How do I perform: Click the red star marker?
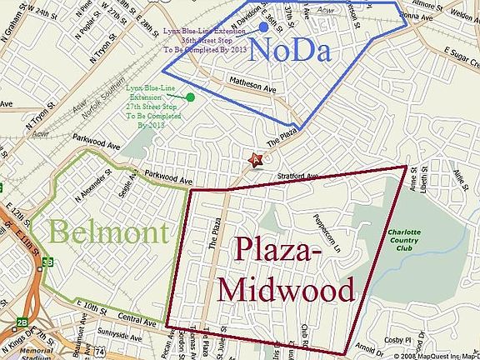[x=257, y=159]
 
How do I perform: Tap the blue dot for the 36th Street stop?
[x=262, y=27]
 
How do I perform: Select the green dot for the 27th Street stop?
[x=191, y=97]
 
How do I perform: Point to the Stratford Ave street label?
[x=296, y=177]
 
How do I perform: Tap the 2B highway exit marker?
[x=7, y=320]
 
